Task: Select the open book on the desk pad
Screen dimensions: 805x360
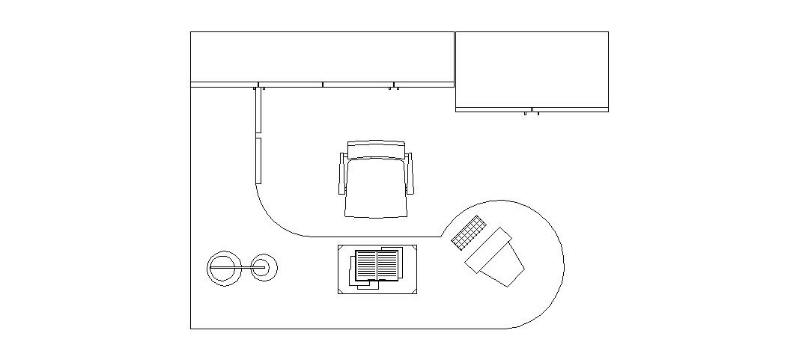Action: [x=377, y=266]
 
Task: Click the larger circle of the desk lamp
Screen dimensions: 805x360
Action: [x=222, y=268]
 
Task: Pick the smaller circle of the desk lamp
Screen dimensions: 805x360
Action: [x=264, y=266]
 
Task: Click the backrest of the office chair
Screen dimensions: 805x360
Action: [x=376, y=149]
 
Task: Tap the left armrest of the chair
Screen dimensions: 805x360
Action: [x=343, y=174]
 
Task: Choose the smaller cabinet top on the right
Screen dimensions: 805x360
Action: [x=532, y=69]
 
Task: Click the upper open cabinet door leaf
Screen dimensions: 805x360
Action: [x=258, y=110]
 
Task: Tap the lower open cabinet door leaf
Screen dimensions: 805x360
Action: [x=258, y=160]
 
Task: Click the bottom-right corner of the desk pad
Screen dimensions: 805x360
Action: [x=413, y=290]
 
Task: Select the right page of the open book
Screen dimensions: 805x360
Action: [x=388, y=264]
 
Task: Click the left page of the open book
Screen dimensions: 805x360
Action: [x=365, y=265]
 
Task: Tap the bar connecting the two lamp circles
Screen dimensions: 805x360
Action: [x=243, y=266]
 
